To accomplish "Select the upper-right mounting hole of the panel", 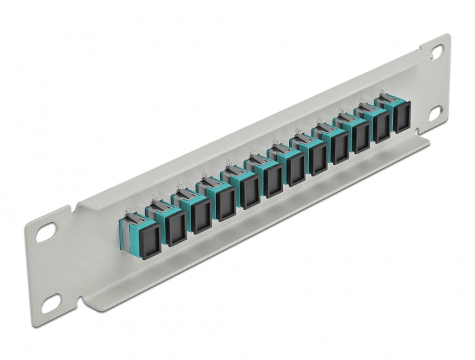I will click(435, 50).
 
